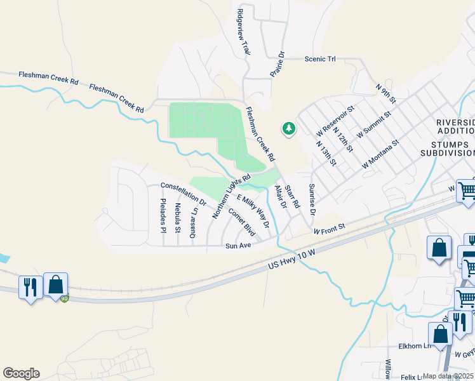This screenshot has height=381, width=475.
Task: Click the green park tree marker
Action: click(x=289, y=129)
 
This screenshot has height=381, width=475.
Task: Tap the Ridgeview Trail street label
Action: click(x=242, y=32)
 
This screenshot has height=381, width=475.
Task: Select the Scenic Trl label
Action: click(x=320, y=59)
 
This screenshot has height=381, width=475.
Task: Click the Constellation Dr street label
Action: click(x=184, y=194)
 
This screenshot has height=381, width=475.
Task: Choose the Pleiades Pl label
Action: click(x=163, y=215)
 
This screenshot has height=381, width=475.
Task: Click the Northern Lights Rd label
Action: click(x=232, y=196)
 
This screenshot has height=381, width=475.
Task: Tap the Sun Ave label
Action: click(x=239, y=246)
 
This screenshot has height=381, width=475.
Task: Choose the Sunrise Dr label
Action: click(x=312, y=199)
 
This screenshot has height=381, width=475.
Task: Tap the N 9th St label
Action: click(x=385, y=93)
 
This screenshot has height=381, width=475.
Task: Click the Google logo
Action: click(x=21, y=373)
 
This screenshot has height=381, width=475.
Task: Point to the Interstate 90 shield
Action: click(x=64, y=298)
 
